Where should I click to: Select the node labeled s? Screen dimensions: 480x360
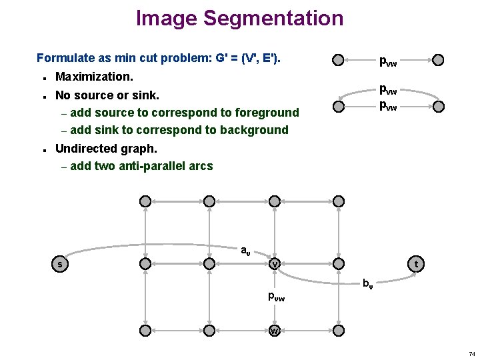click(x=61, y=265)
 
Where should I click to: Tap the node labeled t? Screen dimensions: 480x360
click(x=417, y=265)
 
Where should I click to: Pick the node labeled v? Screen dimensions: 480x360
click(x=274, y=265)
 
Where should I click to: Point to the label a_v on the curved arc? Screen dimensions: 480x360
click(x=245, y=251)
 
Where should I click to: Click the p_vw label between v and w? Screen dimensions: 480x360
click(x=276, y=297)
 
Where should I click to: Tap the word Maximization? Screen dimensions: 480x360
click(x=95, y=77)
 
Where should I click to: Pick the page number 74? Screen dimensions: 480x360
click(x=471, y=353)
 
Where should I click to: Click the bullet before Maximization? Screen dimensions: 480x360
click(x=43, y=78)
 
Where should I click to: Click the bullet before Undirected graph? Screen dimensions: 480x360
click(x=43, y=149)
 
